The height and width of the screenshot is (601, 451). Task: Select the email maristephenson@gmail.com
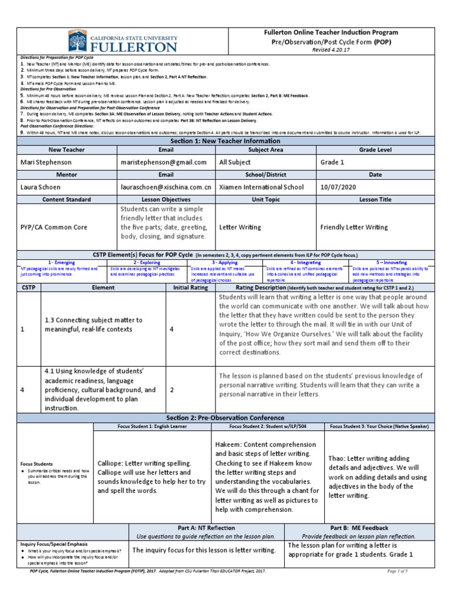pyautogui.click(x=163, y=162)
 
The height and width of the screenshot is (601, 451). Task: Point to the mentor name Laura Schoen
pyautogui.click(x=41, y=187)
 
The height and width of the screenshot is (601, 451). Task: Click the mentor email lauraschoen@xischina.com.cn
pyautogui.click(x=166, y=187)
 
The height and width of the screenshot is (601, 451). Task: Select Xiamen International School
pyautogui.click(x=261, y=187)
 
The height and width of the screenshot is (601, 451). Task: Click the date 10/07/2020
pyautogui.click(x=339, y=187)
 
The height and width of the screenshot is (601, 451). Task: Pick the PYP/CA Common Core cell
pyautogui.click(x=54, y=226)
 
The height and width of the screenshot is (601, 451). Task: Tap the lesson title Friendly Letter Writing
pyautogui.click(x=354, y=226)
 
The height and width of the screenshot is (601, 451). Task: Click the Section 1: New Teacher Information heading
pyautogui.click(x=225, y=140)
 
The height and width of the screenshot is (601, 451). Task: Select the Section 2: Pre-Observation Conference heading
pyautogui.click(x=225, y=417)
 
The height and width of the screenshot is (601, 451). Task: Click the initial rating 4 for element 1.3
pyautogui.click(x=172, y=330)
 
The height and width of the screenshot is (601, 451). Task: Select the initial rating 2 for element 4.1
pyautogui.click(x=172, y=390)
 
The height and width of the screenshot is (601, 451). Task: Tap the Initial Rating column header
pyautogui.click(x=190, y=288)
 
